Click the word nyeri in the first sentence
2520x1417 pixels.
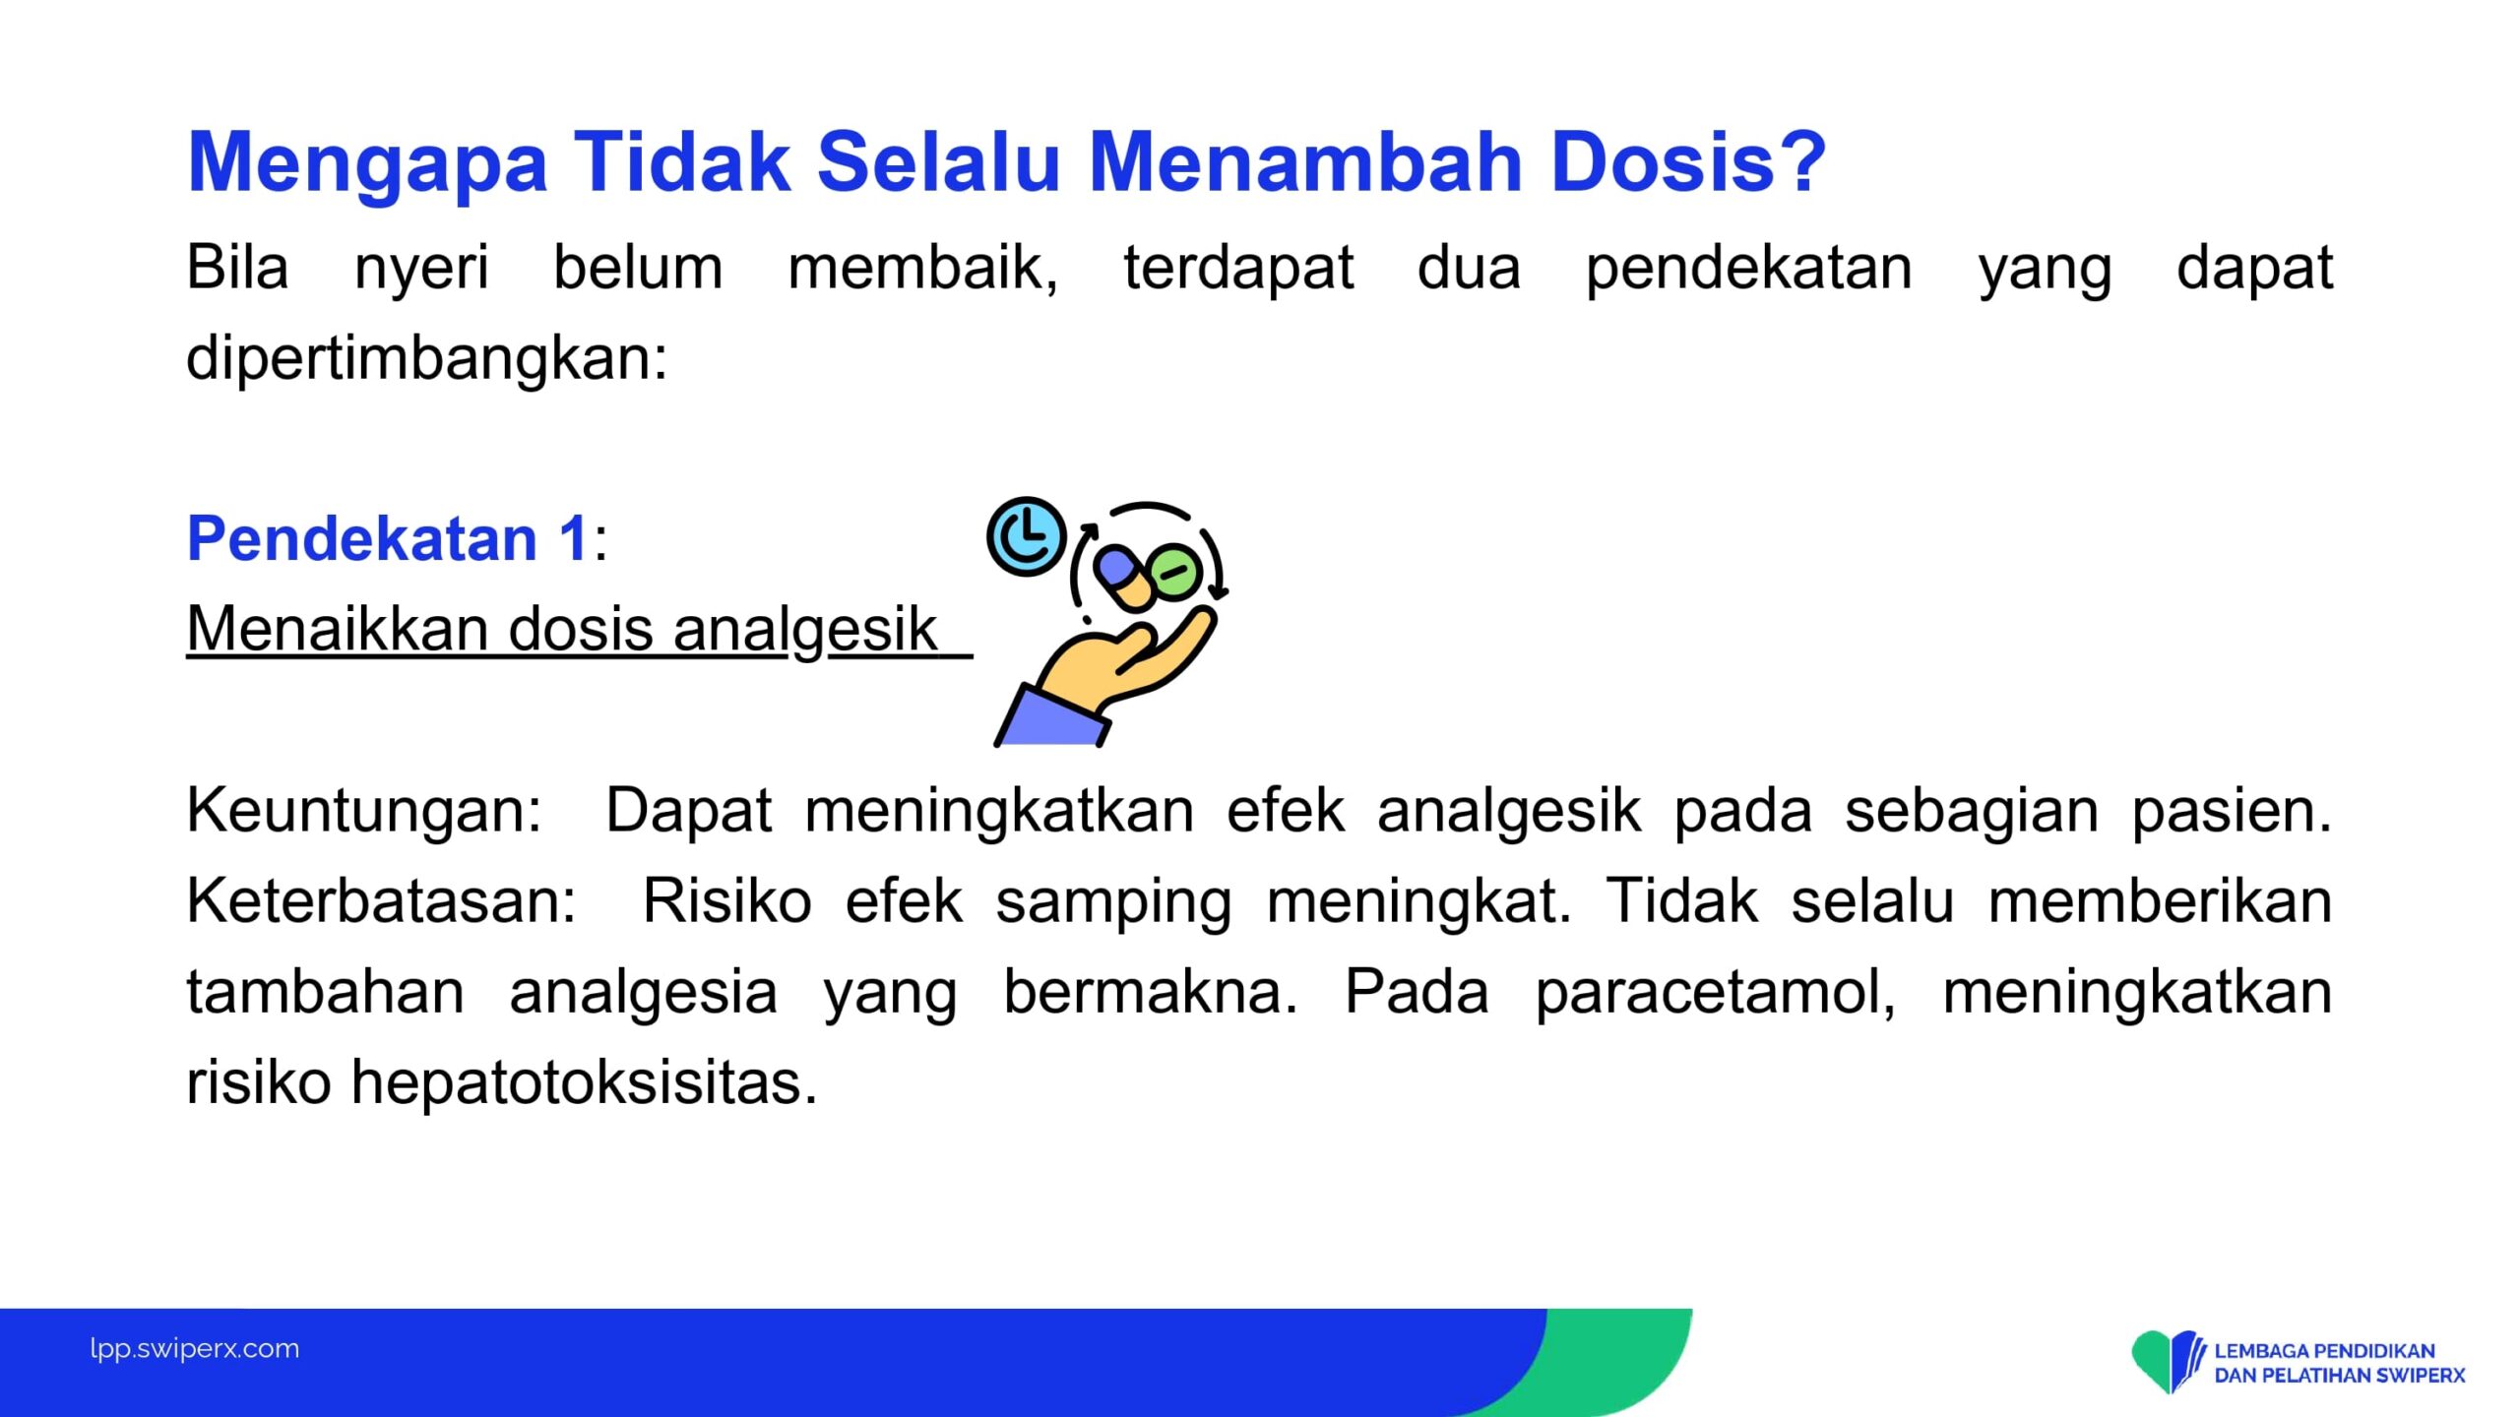pos(421,268)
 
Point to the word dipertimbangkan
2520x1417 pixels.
pos(427,357)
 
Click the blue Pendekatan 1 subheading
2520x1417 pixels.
pos(388,538)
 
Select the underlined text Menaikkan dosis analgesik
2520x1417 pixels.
pos(562,629)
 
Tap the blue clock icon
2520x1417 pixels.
pos(1027,537)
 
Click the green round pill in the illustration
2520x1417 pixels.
pos(1174,571)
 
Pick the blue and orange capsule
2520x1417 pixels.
pos(1125,579)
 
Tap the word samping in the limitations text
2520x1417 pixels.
pos(1113,902)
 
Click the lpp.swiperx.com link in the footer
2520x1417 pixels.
pos(195,1349)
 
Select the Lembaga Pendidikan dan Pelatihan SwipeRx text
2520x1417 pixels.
pos(2340,1363)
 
